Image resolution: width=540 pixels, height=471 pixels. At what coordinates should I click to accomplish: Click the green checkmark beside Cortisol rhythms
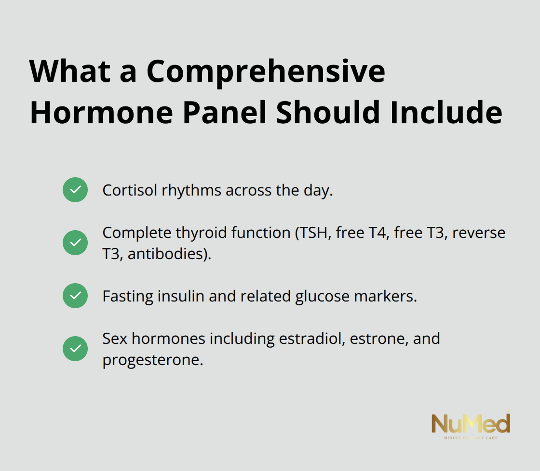point(75,190)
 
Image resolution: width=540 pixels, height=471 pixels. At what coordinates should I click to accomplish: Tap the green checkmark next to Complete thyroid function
point(75,243)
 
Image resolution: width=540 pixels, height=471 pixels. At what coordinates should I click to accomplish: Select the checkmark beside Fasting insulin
point(75,296)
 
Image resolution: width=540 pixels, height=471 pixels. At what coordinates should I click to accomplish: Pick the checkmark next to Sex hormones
point(75,349)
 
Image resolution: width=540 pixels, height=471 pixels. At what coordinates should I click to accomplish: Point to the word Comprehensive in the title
point(266,72)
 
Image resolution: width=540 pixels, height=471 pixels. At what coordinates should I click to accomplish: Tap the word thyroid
point(203,233)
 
